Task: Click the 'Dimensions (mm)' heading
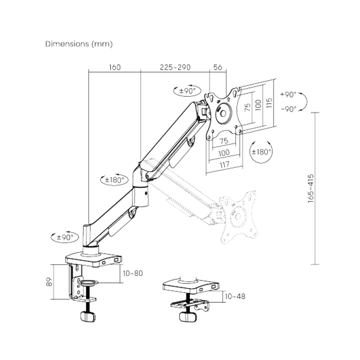(x=79, y=44)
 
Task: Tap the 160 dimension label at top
(x=115, y=67)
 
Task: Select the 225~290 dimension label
(x=175, y=67)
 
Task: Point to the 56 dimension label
(x=218, y=67)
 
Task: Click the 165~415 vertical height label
(x=310, y=188)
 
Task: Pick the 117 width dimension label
(x=224, y=164)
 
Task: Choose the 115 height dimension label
(x=269, y=103)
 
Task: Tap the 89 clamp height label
(x=49, y=282)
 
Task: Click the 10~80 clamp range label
(x=133, y=273)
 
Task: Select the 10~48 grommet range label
(x=235, y=297)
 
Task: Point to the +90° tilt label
(x=288, y=94)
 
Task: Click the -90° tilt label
(x=289, y=109)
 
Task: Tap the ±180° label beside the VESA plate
(x=261, y=152)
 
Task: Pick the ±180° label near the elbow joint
(x=115, y=180)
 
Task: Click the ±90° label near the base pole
(x=65, y=237)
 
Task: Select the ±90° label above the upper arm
(x=187, y=91)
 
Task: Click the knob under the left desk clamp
(x=88, y=316)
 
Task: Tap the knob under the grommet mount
(x=188, y=317)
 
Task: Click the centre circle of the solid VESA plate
(x=223, y=113)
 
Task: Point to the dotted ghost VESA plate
(x=238, y=217)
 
